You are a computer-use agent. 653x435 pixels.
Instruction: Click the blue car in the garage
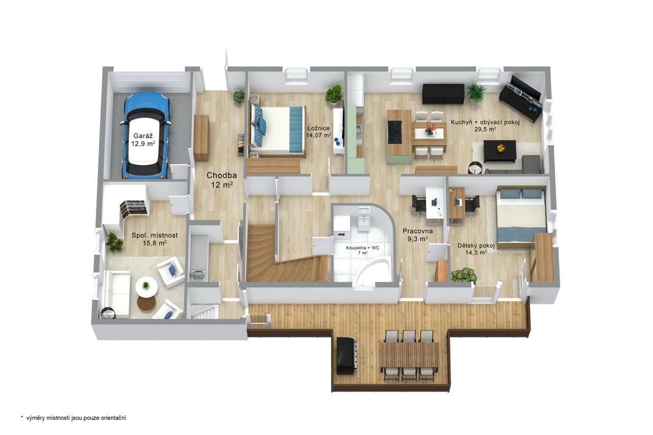pyautogui.click(x=145, y=136)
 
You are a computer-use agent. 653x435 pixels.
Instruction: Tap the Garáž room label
pyautogui.click(x=143, y=136)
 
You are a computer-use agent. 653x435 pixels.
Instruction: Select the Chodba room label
pyautogui.click(x=221, y=175)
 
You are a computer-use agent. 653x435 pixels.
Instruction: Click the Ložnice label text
pyautogui.click(x=318, y=128)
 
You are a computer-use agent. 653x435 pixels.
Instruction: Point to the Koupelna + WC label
pyautogui.click(x=363, y=248)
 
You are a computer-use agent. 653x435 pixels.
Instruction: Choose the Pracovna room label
pyautogui.click(x=418, y=231)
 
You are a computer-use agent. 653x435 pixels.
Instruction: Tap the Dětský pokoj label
pyautogui.click(x=476, y=246)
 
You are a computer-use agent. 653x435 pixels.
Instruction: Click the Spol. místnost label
pyautogui.click(x=155, y=235)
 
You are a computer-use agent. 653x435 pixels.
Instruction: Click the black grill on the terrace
pyautogui.click(x=346, y=355)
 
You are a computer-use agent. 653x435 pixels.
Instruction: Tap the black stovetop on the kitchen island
pyautogui.click(x=395, y=132)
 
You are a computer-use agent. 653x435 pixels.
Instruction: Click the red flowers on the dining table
pyautogui.click(x=430, y=130)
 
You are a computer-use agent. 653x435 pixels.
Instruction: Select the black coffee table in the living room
pyautogui.click(x=499, y=151)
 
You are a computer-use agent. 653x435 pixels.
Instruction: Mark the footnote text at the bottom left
pyautogui.click(x=73, y=418)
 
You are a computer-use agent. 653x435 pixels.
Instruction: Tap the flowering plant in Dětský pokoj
pyautogui.click(x=464, y=275)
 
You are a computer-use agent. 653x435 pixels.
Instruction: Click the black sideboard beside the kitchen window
pyautogui.click(x=443, y=94)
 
